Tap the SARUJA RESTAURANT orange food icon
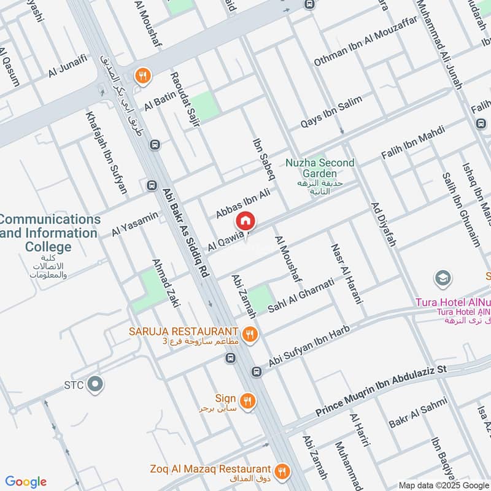(249, 334)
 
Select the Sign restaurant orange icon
(247, 401)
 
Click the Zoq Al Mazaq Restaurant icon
(282, 471)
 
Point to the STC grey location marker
(95, 385)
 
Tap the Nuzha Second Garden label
(320, 163)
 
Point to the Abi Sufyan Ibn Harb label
(309, 347)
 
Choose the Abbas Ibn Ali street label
(243, 204)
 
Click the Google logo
(26, 482)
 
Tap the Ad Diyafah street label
(383, 224)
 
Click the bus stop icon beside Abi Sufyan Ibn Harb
(257, 371)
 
